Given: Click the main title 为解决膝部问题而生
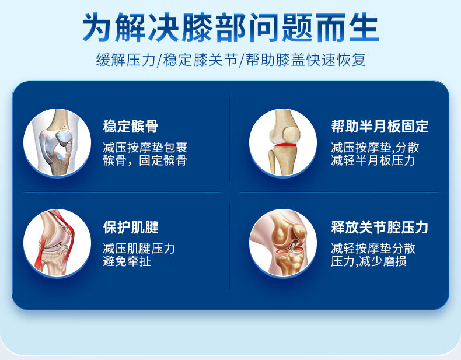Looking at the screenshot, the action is click(x=230, y=27).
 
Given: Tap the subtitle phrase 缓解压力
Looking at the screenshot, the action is click(x=125, y=60).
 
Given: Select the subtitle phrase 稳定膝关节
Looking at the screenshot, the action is click(x=200, y=60).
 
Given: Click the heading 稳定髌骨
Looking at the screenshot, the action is click(x=131, y=127).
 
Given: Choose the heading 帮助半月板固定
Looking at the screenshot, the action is click(x=380, y=127).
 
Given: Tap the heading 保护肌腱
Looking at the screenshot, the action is click(x=131, y=227).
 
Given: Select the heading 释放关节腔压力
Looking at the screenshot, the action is click(x=379, y=227).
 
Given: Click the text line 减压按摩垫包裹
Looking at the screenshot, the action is click(x=145, y=148).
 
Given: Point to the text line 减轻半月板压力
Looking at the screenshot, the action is click(x=373, y=160).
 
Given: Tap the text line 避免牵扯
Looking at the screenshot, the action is click(x=127, y=261).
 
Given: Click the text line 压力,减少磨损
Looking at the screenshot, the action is click(x=369, y=261).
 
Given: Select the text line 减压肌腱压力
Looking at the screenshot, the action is click(x=139, y=249).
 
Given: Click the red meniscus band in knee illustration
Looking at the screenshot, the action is click(x=285, y=144).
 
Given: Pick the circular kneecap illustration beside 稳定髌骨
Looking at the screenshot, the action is click(x=57, y=143).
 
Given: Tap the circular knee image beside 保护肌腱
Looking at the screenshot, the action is click(x=57, y=243).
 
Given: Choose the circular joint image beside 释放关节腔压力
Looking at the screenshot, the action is click(x=283, y=243).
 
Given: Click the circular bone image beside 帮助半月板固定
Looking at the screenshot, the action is click(x=283, y=143).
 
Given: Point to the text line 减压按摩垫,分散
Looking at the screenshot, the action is click(x=375, y=148).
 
